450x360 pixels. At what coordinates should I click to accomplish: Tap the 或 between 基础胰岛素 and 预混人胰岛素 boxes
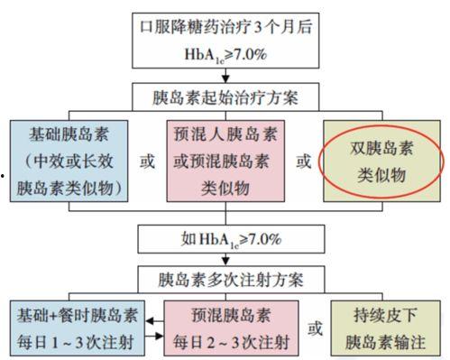coord(148,163)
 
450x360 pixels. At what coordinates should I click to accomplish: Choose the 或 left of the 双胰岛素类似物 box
coord(304,163)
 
